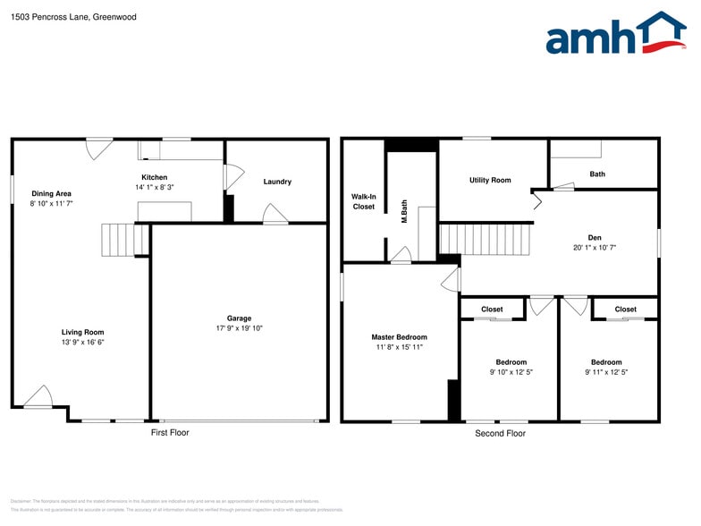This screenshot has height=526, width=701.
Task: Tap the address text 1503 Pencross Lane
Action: (73, 16)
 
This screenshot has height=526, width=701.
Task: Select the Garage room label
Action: (239, 318)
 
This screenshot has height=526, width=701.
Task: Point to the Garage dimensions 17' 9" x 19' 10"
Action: (239, 328)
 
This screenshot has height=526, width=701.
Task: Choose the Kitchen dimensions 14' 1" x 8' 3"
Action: (154, 187)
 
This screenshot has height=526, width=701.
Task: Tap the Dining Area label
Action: (51, 193)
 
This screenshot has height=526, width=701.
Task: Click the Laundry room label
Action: (277, 182)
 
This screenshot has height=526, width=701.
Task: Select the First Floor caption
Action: (169, 433)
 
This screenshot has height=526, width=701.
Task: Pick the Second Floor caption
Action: (500, 433)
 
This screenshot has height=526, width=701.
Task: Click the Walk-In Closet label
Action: (364, 201)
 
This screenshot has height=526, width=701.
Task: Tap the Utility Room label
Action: (490, 180)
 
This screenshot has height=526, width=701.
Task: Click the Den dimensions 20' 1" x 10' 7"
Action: (595, 248)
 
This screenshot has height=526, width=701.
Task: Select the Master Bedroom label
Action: (399, 337)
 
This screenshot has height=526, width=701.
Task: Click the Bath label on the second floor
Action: (596, 174)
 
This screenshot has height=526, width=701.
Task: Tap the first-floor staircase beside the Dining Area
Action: (124, 240)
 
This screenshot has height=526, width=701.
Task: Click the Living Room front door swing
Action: (38, 396)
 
